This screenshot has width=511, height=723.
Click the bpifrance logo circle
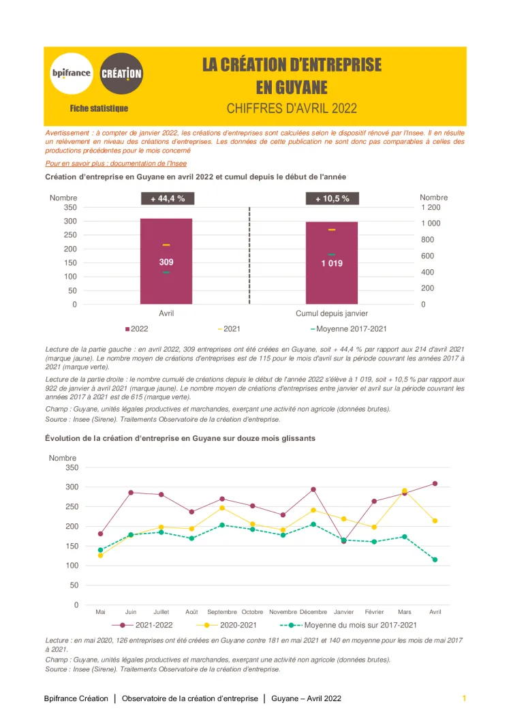[x=71, y=73]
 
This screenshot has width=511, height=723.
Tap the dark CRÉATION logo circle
[x=121, y=73]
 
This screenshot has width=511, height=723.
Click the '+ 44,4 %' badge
[x=168, y=198]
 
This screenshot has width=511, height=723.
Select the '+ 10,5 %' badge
[x=332, y=198]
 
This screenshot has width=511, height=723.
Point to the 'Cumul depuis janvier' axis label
[x=332, y=313]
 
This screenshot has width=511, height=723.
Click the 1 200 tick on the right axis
[x=431, y=207]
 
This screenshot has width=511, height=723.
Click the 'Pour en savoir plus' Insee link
[x=116, y=164]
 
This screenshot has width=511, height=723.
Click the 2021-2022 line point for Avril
[x=435, y=484]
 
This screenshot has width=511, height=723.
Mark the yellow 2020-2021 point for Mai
[x=101, y=555]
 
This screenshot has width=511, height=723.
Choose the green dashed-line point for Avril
[x=435, y=559]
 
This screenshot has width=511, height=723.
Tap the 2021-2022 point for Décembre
[x=313, y=489]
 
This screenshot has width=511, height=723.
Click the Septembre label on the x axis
[x=222, y=612]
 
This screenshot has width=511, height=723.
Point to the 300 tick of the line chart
[x=72, y=487]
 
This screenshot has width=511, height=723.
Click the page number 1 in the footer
[x=464, y=698]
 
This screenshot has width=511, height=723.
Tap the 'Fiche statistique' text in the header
[x=99, y=108]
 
